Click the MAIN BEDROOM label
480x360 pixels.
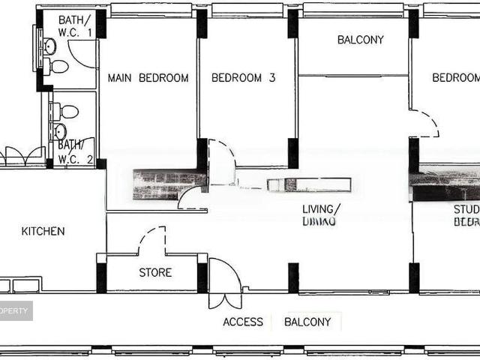(148, 78)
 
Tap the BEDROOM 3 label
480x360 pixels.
(238, 78)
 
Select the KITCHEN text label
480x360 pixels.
(43, 231)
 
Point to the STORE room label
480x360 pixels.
(155, 273)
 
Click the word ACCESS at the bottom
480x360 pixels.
(243, 322)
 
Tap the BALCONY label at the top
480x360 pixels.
(360, 40)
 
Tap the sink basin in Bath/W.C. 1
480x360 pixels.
(49, 46)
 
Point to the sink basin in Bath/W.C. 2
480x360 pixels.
(59, 132)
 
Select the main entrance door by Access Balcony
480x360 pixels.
(224, 285)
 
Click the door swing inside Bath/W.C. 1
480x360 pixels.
(82, 54)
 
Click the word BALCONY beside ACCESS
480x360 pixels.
(307, 322)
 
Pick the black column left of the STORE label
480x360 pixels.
(101, 274)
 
